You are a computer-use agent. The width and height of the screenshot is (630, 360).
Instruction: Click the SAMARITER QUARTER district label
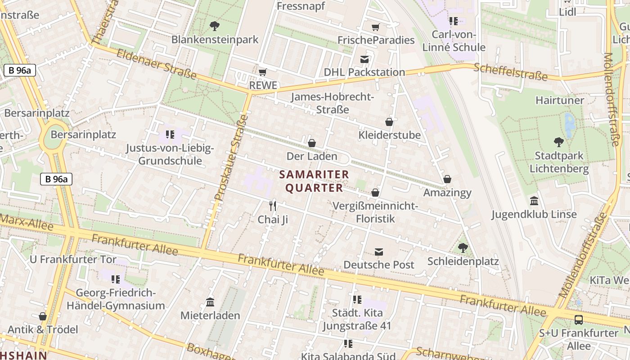click(314, 181)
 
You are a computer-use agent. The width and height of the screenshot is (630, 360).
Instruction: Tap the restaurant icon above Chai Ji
click(272, 206)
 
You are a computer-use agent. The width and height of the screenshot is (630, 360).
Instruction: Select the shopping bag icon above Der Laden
click(311, 143)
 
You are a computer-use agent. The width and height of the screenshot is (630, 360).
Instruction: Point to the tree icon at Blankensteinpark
click(215, 26)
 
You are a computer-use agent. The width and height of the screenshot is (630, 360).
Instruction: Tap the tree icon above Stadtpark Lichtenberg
click(559, 142)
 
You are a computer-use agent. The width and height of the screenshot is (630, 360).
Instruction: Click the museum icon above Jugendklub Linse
click(534, 201)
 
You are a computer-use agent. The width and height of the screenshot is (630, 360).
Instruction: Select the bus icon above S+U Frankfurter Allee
click(579, 320)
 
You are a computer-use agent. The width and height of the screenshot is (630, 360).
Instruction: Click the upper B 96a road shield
click(20, 70)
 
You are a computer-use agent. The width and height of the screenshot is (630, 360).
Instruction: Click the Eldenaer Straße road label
click(157, 64)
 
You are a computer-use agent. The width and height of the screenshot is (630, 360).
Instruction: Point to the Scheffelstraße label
click(510, 72)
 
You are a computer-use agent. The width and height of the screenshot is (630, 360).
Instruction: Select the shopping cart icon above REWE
click(263, 72)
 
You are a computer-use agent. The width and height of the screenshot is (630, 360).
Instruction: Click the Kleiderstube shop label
click(389, 135)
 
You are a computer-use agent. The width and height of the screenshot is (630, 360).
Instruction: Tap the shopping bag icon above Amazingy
click(447, 179)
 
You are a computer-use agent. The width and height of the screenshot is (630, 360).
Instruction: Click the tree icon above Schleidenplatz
click(463, 247)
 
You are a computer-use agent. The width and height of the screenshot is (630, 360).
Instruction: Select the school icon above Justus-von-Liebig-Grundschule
click(170, 134)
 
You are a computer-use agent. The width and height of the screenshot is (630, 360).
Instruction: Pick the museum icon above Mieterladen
click(210, 302)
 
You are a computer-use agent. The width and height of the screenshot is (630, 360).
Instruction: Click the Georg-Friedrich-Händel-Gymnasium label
click(116, 299)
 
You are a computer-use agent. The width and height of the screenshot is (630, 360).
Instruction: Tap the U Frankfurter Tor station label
click(73, 260)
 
